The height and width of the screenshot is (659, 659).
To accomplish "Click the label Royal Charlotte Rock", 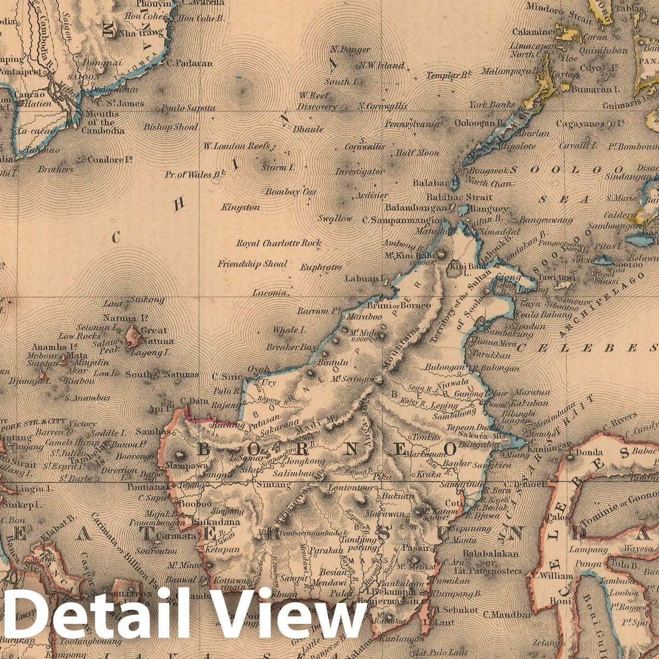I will click(279, 243).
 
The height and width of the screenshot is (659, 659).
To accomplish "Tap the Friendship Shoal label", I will click(253, 264).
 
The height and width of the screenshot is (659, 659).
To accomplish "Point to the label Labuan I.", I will click(364, 279).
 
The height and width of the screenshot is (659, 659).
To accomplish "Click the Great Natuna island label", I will click(155, 336).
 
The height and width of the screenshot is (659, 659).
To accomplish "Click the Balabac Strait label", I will click(458, 197).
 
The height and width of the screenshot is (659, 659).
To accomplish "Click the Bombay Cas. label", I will click(291, 192).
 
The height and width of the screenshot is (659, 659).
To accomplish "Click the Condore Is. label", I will click(110, 160).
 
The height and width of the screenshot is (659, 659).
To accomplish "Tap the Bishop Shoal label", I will click(170, 127).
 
